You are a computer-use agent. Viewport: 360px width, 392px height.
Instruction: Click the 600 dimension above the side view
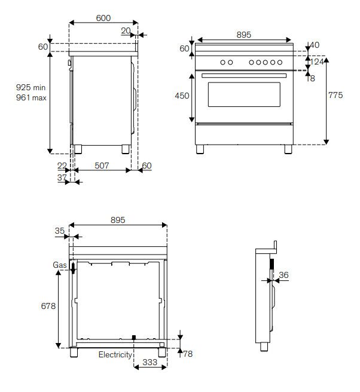click(x=103, y=19)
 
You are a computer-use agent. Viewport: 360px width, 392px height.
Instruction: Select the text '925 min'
click(x=31, y=88)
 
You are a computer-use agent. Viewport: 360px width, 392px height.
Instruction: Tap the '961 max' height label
click(x=31, y=97)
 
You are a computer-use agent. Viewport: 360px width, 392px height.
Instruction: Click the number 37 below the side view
click(x=62, y=177)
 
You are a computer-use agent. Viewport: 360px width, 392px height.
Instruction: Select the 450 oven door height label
click(x=182, y=96)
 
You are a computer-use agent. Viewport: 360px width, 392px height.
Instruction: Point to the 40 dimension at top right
click(x=315, y=45)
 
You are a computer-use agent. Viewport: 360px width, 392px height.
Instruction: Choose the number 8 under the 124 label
click(x=312, y=78)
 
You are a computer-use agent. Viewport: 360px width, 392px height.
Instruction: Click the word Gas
click(x=59, y=264)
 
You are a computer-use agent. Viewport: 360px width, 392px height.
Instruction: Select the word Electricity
click(x=115, y=354)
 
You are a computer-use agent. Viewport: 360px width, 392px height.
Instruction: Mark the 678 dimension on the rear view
click(x=48, y=306)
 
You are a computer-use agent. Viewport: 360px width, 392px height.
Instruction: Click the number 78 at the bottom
click(x=188, y=354)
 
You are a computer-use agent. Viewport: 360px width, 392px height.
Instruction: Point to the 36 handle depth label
click(x=283, y=275)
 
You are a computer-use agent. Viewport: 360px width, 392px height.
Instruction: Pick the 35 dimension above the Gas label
click(x=59, y=230)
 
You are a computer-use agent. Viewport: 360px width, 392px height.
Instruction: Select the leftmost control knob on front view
click(x=222, y=62)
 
